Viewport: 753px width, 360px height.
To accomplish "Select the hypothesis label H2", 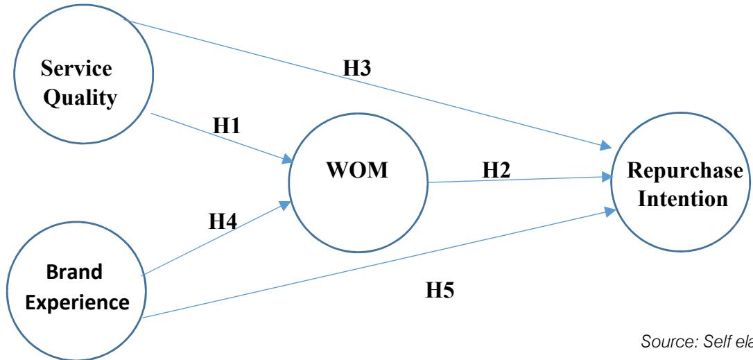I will point(495,169).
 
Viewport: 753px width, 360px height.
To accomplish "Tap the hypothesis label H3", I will point(358,69).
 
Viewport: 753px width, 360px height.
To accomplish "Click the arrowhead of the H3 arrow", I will point(607,146).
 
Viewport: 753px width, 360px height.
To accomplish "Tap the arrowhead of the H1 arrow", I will point(286,160).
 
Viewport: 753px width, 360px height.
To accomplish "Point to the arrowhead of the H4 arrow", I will point(286,205).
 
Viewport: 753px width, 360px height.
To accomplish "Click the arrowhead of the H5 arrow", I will point(608,211).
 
